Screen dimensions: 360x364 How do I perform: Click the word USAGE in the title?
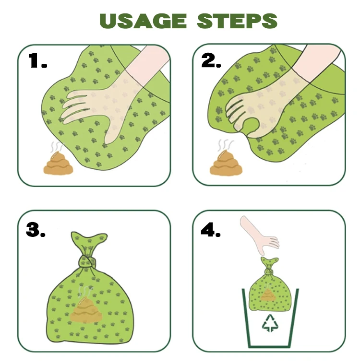pos(143,21)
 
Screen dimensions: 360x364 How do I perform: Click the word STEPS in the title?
pos(237,21)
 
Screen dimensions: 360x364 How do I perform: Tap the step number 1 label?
pos(38,61)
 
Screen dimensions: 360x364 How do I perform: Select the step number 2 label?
pos(211,61)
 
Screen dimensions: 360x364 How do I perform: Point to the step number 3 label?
pos(36,229)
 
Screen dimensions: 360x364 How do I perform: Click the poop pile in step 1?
pos(59,163)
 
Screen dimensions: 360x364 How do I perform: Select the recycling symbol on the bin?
pos(270,323)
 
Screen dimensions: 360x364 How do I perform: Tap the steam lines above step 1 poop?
pos(57,146)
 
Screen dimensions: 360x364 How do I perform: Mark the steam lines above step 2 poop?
pos(226,145)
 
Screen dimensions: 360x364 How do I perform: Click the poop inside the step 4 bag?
pos(268,295)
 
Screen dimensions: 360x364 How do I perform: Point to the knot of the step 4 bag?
pos(269,271)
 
